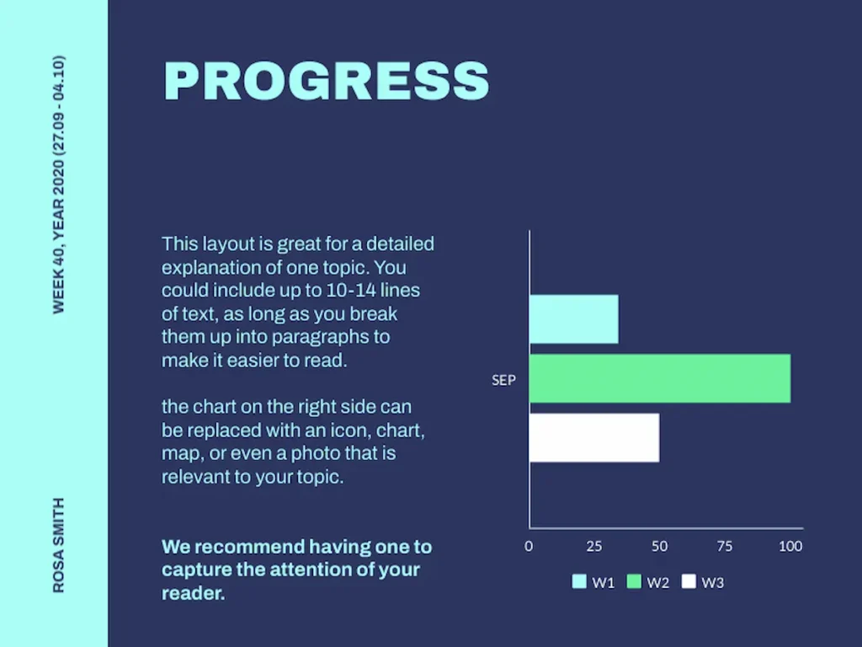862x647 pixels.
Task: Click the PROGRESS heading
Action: (326, 82)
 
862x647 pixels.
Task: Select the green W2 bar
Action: (659, 378)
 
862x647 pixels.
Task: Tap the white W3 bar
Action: (593, 437)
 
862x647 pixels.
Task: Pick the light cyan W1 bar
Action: (573, 319)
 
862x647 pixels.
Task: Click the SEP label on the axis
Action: (503, 380)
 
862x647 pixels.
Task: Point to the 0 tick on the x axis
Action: (529, 546)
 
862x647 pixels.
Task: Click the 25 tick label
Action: (594, 546)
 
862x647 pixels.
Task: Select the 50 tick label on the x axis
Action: (659, 546)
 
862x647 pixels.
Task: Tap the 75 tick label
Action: (725, 546)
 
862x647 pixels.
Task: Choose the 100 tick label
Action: (790, 546)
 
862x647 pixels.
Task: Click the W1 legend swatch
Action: (579, 581)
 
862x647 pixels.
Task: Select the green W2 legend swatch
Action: (634, 581)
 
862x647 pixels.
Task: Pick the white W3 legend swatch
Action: (689, 581)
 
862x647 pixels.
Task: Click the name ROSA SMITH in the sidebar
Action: (59, 545)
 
